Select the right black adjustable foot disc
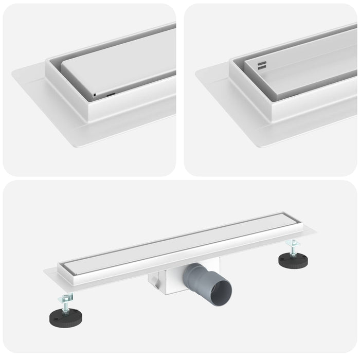[293, 258]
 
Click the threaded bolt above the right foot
[293, 249]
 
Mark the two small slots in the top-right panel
[262, 65]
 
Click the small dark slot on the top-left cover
[111, 95]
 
